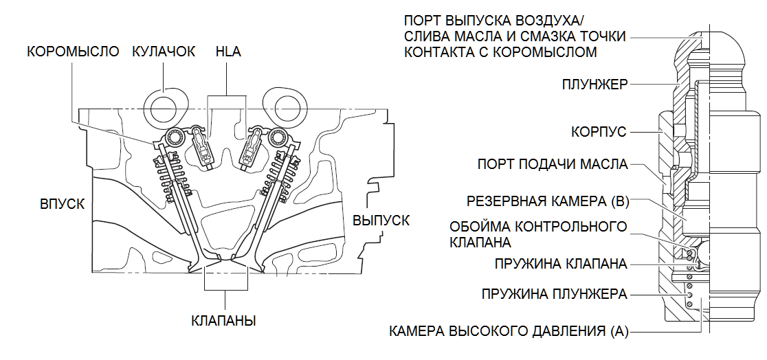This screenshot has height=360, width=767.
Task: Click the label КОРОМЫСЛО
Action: click(74, 52)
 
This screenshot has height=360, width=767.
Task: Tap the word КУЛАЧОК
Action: click(164, 52)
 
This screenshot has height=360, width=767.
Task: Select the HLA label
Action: click(228, 52)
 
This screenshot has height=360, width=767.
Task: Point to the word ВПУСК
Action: click(63, 204)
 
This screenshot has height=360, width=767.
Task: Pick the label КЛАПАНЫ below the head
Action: click(224, 321)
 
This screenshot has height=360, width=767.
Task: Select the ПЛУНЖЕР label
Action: click(594, 85)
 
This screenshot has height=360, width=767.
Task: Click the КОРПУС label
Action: click(599, 131)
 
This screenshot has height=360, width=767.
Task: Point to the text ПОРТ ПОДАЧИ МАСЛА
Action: click(553, 164)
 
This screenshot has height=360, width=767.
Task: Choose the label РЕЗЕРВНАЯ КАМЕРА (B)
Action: click(548, 201)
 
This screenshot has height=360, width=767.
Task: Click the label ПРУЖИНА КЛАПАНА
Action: click(561, 264)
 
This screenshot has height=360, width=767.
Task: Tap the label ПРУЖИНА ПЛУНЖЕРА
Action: click(555, 294)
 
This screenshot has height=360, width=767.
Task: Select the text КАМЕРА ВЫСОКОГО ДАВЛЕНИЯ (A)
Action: click(509, 332)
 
